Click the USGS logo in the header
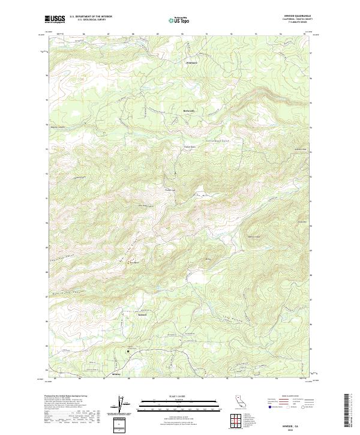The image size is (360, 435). (55, 19)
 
